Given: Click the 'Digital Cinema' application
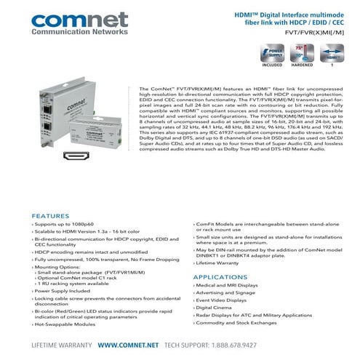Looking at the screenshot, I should (217, 308).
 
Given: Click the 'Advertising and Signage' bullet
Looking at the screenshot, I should (227, 293).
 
